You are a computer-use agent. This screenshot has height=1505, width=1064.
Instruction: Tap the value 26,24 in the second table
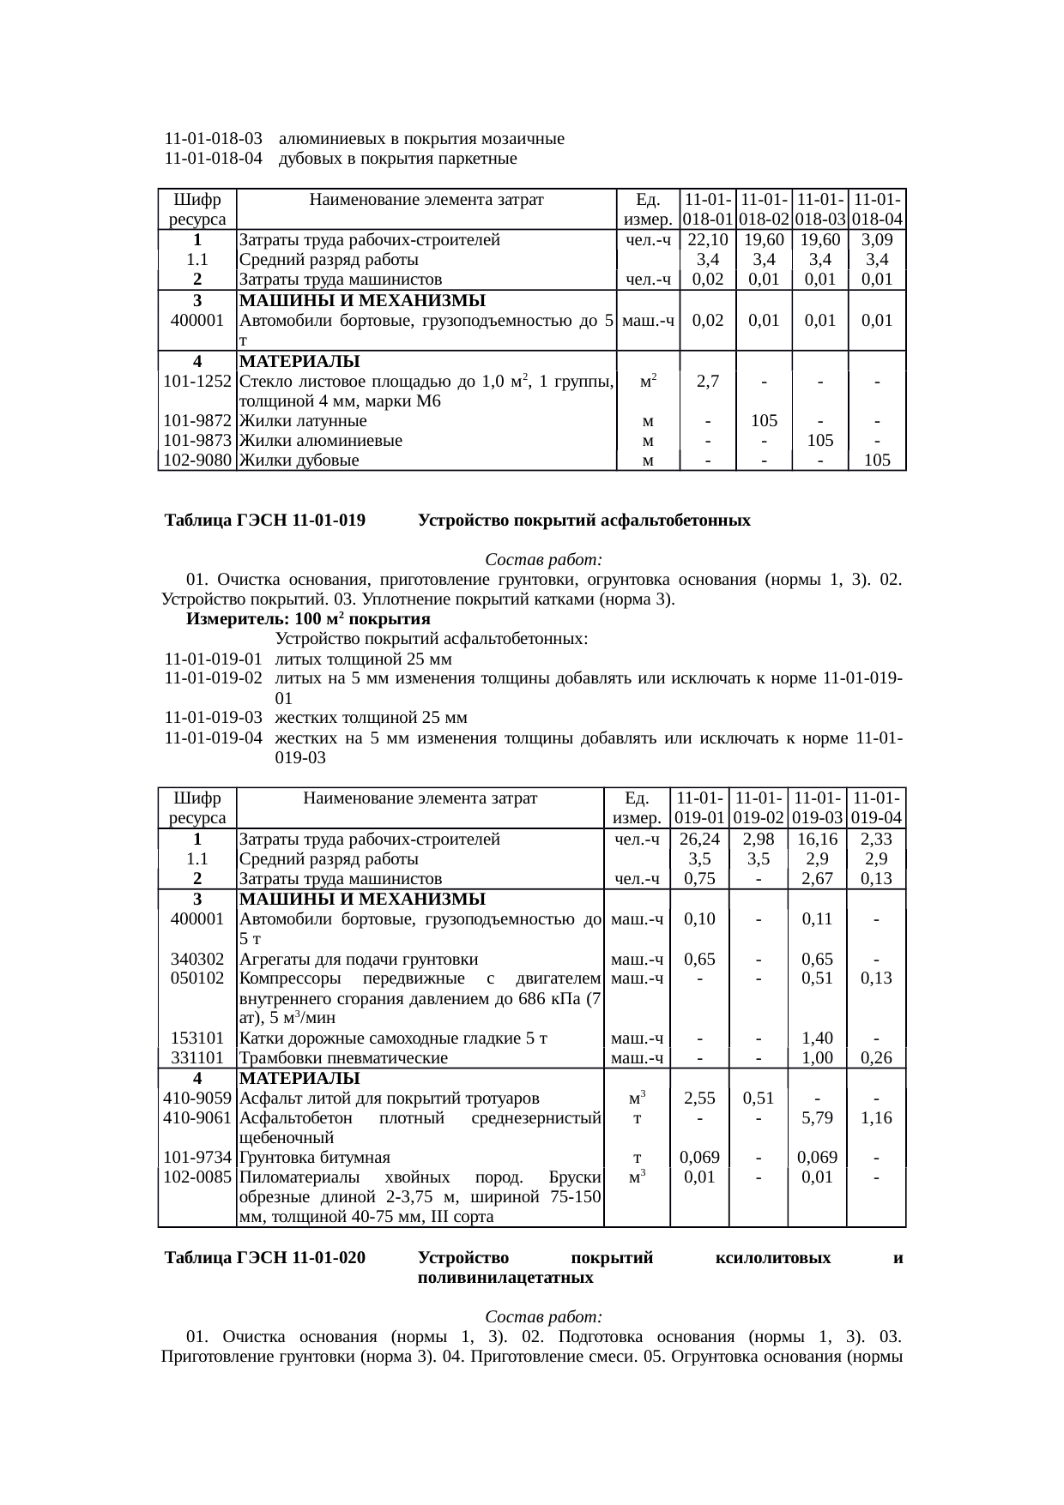699,839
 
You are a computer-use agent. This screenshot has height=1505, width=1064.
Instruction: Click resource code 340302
197,959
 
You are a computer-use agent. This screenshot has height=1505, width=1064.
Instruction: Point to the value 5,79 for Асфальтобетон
817,1118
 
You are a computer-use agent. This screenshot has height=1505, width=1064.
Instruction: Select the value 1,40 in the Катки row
817,1038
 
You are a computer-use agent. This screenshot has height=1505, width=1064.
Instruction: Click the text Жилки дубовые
299,461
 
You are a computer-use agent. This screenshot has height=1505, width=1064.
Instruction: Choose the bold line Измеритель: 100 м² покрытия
308,619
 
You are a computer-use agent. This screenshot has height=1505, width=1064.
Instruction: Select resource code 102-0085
197,1177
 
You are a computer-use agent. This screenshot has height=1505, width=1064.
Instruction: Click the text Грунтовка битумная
314,1158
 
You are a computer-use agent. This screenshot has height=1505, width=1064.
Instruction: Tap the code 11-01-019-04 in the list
213,738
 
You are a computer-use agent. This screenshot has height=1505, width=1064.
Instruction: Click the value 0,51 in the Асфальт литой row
759,1099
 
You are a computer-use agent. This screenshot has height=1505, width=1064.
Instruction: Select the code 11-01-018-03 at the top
213,139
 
